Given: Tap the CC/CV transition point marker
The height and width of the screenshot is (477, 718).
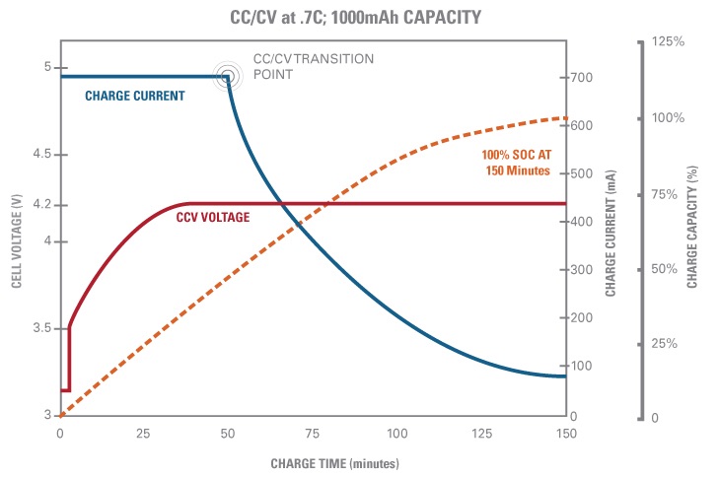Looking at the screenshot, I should click(x=228, y=76).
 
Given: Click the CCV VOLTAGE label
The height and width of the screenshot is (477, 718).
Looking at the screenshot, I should click(x=212, y=217).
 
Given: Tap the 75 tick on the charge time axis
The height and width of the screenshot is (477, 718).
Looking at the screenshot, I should click(x=314, y=434).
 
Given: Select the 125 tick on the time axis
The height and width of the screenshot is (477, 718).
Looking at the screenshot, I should click(x=482, y=434).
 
